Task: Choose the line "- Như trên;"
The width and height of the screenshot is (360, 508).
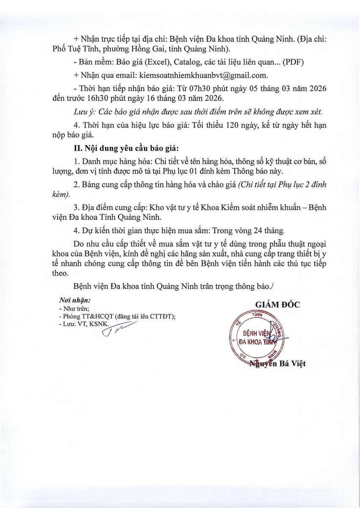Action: click(x=74, y=309)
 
